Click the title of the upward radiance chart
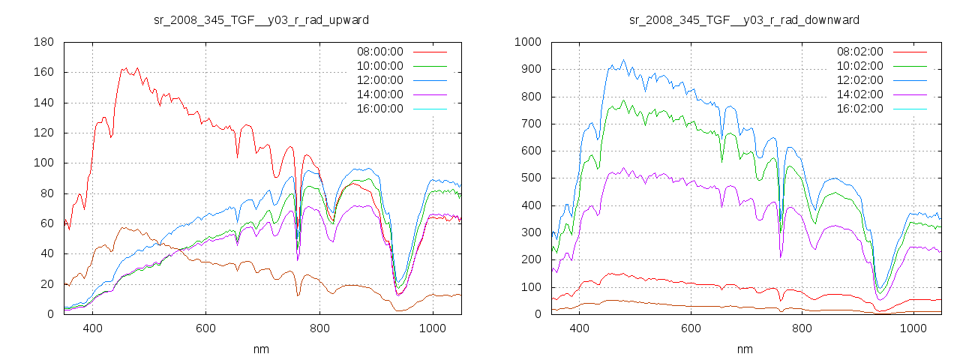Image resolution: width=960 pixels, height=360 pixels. point(261,19)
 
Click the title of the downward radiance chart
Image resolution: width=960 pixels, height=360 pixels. point(744,19)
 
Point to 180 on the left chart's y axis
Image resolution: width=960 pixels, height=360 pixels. point(43,42)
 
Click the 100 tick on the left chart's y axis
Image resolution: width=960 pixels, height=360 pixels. point(43,163)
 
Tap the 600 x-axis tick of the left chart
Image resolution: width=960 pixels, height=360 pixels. point(205,328)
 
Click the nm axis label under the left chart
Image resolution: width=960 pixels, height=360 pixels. point(262,349)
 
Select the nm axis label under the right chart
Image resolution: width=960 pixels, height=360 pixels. point(744,349)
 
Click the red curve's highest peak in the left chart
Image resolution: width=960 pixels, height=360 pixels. point(124,68)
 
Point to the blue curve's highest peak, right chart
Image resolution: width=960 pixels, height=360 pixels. point(623,61)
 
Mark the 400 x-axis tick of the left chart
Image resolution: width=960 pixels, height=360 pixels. point(93,328)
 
